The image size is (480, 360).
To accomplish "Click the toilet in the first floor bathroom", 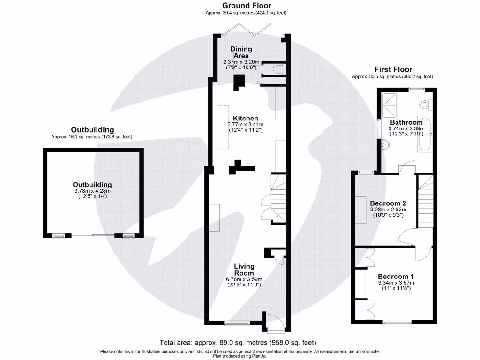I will click(x=426, y=105).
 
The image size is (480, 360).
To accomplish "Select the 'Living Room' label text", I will click(x=244, y=270).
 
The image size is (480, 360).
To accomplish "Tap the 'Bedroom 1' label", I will click(x=396, y=276).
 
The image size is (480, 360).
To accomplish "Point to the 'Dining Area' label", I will click(x=241, y=52).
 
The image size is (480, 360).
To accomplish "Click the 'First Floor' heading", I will click(x=392, y=70).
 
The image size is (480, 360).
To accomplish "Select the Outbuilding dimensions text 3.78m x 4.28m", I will click(x=92, y=191).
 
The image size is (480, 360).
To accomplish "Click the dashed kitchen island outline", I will click(x=223, y=127).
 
